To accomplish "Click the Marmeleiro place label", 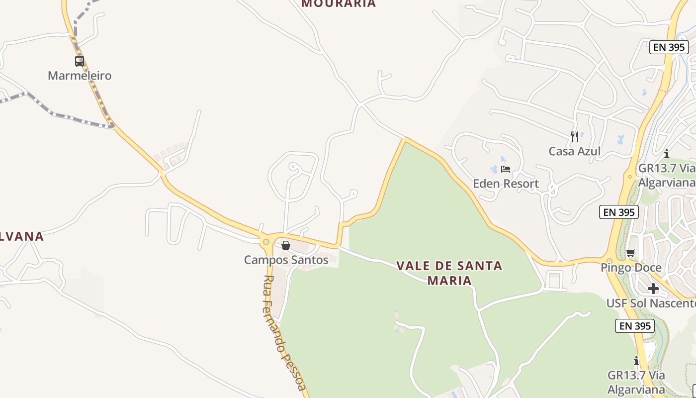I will pos(80,76).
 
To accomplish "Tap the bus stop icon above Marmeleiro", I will pos(80,61).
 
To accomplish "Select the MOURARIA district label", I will pos(339,3).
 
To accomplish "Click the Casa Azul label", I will pos(574,151).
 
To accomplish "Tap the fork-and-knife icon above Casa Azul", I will pos(575,136).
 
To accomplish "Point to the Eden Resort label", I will pos(506,184).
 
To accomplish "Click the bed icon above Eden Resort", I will pos(506,169).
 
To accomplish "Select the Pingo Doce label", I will pos(631,268).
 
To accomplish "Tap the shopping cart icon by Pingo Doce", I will pos(631,253).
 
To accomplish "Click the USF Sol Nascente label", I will pos(651,303).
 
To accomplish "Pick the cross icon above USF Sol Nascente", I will pos(653,289).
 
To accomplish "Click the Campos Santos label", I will pos(286,260).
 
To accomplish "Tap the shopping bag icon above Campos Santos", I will pos(286,245).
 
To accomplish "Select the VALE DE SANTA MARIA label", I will pos(449,273).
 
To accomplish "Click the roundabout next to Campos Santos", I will pos(266,242).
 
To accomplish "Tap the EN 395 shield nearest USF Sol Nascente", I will pos(635,326).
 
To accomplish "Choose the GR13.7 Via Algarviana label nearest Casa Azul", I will pos(666,175).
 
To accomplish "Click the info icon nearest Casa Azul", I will pos(666,154).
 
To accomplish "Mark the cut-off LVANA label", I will pos(22,236).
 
